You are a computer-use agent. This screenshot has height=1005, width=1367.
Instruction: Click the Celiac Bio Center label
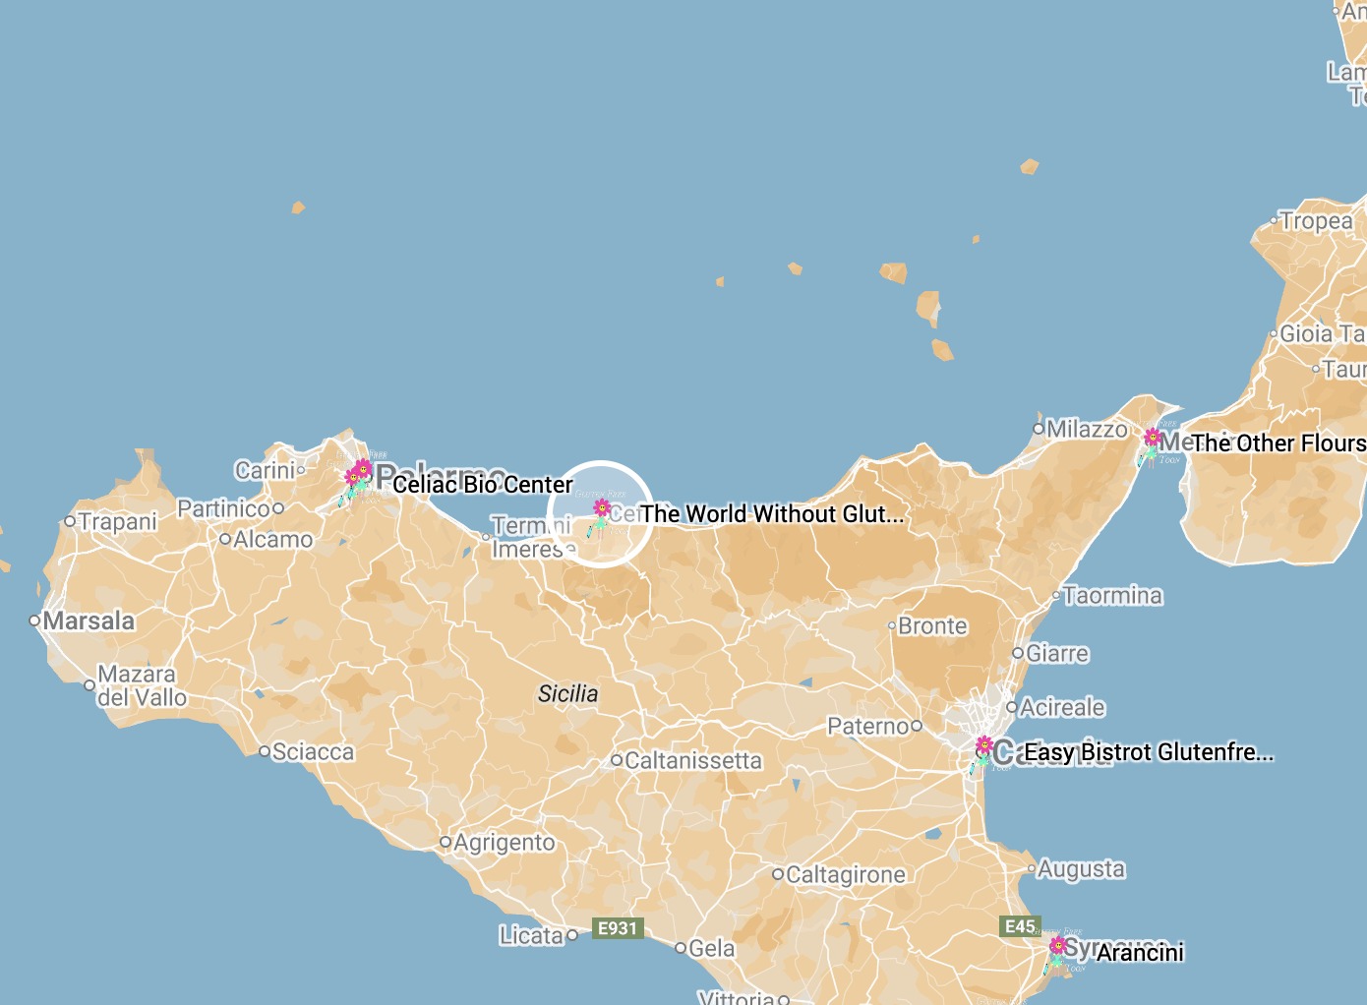[482, 485]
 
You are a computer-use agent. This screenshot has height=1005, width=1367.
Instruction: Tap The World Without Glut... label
[771, 514]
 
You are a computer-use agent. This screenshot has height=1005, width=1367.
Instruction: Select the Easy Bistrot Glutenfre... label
[1148, 752]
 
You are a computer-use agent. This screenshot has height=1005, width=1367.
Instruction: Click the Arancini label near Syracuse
[1140, 953]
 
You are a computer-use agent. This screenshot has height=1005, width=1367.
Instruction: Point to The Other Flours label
[1278, 443]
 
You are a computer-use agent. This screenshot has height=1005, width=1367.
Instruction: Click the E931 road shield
[618, 928]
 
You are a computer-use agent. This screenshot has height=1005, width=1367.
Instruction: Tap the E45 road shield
[1020, 926]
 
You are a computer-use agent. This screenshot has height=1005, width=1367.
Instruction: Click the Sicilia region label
[567, 694]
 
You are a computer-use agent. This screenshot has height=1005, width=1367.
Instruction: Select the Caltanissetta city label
[692, 761]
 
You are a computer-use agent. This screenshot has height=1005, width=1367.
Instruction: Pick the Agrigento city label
[504, 843]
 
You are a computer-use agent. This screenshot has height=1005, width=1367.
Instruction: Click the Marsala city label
[89, 621]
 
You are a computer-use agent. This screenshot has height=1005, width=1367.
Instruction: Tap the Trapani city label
[117, 522]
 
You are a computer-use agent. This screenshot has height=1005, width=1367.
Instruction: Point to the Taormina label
[1112, 596]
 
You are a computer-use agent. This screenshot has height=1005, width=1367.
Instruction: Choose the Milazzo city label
[1086, 430]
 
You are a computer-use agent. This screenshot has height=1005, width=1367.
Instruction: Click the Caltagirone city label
[845, 874]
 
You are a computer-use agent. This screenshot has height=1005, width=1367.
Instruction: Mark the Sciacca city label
[312, 752]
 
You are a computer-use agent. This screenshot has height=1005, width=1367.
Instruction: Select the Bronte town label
[932, 626]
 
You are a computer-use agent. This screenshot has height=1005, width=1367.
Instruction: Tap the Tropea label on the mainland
[1316, 222]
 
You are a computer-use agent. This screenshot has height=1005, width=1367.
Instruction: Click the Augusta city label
[1080, 869]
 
